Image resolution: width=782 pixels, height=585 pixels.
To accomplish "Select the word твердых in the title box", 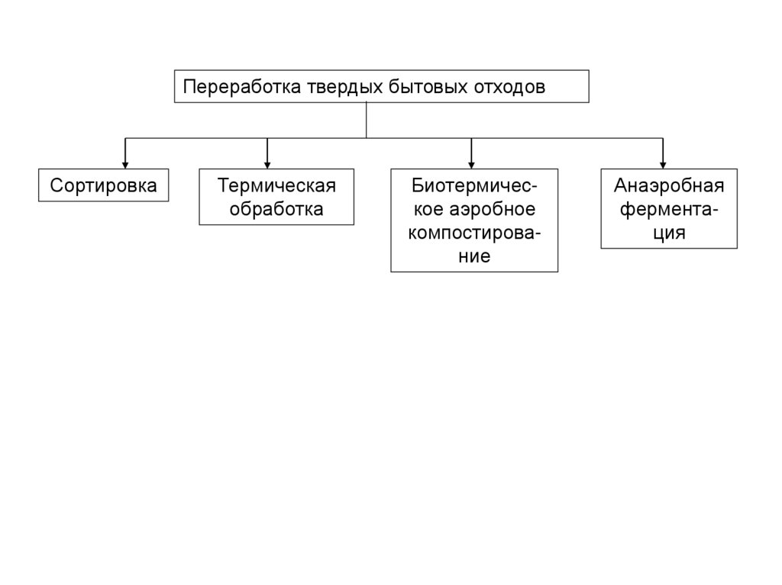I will (x=343, y=86).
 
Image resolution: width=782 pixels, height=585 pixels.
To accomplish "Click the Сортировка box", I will (x=104, y=185).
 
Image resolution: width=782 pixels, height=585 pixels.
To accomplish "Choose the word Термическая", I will (x=276, y=186).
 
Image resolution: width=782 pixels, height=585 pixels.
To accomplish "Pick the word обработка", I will (x=276, y=209).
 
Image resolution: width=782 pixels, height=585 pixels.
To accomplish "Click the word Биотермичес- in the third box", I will (x=474, y=186).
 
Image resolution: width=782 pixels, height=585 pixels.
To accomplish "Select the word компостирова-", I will (x=474, y=233).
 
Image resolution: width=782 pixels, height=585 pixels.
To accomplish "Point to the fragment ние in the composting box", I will (x=474, y=256).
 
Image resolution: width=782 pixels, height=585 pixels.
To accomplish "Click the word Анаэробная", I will (x=669, y=186).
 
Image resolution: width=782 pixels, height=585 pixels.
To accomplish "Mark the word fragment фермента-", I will (x=669, y=209).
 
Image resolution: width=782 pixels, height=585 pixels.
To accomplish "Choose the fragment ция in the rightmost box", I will (x=669, y=233).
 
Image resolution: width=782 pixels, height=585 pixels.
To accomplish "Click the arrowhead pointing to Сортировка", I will (x=126, y=163).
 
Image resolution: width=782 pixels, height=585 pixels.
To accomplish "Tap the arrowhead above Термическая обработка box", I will (x=267, y=163).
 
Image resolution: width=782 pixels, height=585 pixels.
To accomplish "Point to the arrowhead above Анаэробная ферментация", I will (x=663, y=163).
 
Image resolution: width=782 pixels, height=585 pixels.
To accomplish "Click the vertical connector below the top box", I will (x=367, y=120).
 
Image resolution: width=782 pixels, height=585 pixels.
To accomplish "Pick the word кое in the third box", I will (x=426, y=209).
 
